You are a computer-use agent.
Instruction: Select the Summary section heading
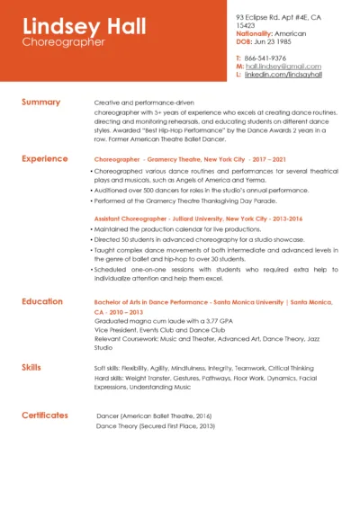click(x=40, y=103)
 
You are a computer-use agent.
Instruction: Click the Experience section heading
click(x=44, y=159)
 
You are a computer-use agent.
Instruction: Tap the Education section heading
click(x=42, y=301)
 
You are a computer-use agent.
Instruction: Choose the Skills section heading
click(x=31, y=368)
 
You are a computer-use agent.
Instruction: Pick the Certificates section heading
click(x=44, y=415)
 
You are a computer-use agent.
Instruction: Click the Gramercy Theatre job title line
click(x=190, y=159)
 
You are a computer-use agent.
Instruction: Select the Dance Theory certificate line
click(x=155, y=425)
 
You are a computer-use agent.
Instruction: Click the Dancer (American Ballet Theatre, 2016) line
click(x=154, y=415)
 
